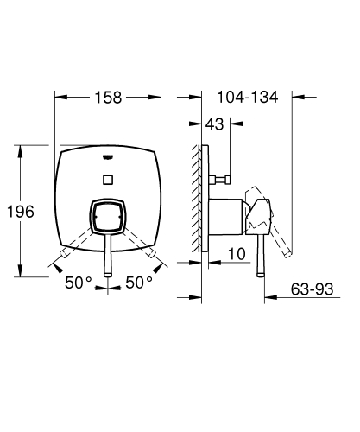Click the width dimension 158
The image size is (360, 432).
click(109, 97)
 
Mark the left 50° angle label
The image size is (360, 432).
click(80, 282)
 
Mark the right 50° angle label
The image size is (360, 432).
click(139, 282)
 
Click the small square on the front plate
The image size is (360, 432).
click(107, 180)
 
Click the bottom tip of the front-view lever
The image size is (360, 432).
click(107, 275)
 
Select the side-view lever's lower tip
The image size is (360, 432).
click(258, 275)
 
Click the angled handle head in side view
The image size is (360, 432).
click(260, 216)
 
